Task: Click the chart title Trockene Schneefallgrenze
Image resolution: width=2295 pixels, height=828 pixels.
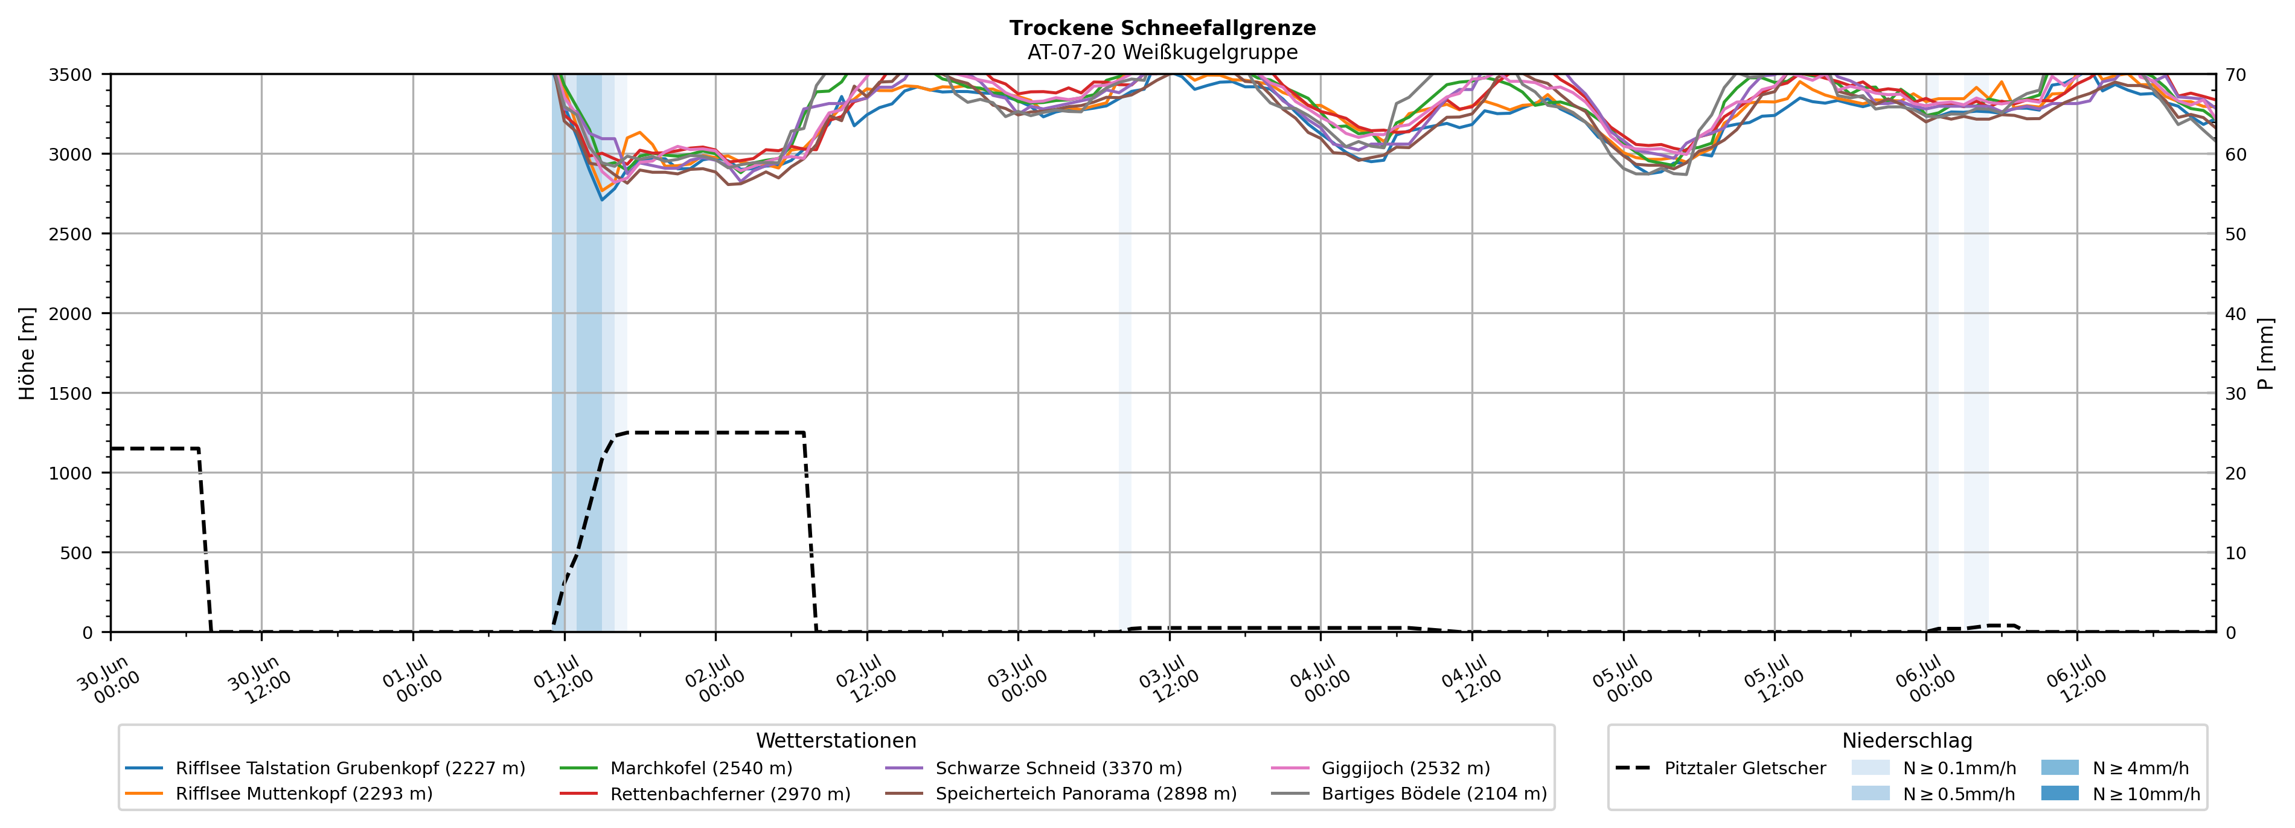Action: point(1163,28)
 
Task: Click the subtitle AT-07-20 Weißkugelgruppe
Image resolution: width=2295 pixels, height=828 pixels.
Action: point(1163,52)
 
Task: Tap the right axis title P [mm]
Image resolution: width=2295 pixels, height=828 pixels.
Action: point(2265,353)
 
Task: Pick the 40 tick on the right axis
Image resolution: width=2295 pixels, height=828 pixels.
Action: point(2235,313)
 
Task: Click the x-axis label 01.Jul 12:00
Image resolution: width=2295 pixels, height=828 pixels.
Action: point(563,679)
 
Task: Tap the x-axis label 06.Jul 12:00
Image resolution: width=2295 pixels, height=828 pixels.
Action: point(2076,679)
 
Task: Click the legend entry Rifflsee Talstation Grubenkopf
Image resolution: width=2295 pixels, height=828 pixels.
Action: point(350,768)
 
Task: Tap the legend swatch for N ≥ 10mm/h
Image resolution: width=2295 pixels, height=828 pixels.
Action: point(2060,793)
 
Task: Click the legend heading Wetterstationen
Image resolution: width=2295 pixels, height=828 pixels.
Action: point(836,740)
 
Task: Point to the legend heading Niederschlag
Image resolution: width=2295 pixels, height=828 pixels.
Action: point(1907,740)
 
